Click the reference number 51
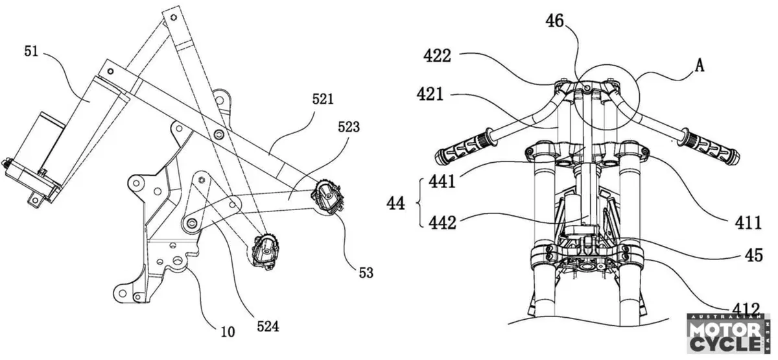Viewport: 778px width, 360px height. [x=31, y=51]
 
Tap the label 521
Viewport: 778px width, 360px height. [x=323, y=99]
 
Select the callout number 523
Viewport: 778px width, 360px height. [x=349, y=127]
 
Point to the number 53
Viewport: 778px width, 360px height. [x=366, y=273]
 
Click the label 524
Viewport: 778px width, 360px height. [x=268, y=326]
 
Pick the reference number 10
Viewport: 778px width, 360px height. [x=228, y=332]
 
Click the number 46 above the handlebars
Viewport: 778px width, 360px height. [x=554, y=21]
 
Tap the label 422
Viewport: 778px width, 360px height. [x=437, y=56]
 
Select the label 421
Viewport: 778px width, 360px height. [x=430, y=94]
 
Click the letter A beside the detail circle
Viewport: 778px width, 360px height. [x=700, y=65]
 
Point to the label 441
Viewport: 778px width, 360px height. [x=442, y=181]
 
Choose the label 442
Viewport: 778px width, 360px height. [x=442, y=222]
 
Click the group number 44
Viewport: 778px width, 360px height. [x=395, y=203]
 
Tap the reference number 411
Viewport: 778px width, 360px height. [x=748, y=222]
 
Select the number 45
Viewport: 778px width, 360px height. [x=753, y=255]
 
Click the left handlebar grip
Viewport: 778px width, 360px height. [x=464, y=149]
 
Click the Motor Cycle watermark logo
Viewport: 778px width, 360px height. [x=727, y=334]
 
